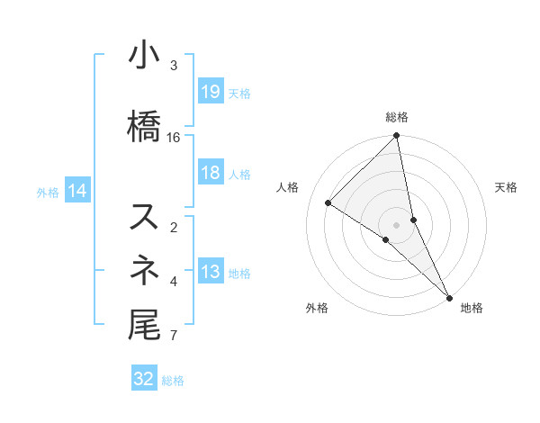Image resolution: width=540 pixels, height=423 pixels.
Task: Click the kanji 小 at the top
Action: (x=145, y=56)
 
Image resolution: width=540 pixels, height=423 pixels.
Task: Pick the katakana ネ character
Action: (x=145, y=268)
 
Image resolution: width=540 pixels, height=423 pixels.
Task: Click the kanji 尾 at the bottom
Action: (x=145, y=324)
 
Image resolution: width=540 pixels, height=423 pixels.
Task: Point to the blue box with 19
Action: (x=210, y=93)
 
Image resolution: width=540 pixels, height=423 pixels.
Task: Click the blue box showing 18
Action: (x=210, y=174)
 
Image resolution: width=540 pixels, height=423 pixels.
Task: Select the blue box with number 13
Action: (x=210, y=273)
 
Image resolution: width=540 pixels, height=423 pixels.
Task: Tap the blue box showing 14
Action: (x=77, y=191)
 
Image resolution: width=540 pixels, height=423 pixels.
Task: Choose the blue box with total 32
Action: (x=144, y=380)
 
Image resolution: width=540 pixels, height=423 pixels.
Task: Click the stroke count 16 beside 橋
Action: (x=174, y=137)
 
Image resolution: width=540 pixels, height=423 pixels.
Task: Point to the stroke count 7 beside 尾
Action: (x=174, y=337)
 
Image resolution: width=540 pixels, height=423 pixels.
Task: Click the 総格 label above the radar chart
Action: (x=397, y=117)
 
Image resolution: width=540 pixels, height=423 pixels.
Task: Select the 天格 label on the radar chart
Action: (x=506, y=187)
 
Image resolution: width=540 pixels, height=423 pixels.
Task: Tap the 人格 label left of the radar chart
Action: (x=288, y=187)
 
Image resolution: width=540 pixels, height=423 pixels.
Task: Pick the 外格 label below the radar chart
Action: (x=317, y=309)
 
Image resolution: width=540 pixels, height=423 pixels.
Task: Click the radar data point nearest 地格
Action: (x=448, y=296)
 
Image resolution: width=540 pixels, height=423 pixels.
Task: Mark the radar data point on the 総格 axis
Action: (x=397, y=137)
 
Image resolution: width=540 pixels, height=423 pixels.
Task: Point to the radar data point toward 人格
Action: (x=328, y=203)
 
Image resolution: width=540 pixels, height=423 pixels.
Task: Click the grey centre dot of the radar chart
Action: (x=397, y=224)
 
